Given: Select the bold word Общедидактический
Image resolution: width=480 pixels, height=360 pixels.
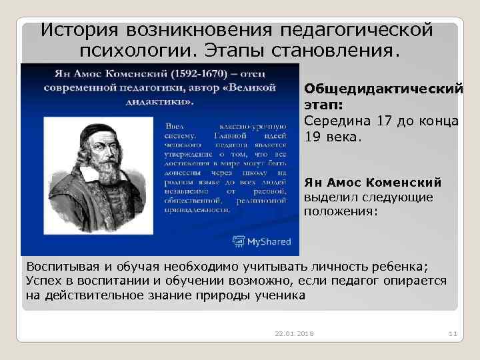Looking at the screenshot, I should tap(383, 89).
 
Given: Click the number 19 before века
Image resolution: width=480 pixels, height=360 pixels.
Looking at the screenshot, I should tap(313, 137).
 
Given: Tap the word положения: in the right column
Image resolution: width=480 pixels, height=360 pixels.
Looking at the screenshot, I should tap(341, 211).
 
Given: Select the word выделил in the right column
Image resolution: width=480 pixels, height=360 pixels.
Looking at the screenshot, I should tap(329, 197).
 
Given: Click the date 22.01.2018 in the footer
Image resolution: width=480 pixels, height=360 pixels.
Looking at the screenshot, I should tap(293, 333).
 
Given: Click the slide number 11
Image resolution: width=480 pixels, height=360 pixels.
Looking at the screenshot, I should tap(451, 333).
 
